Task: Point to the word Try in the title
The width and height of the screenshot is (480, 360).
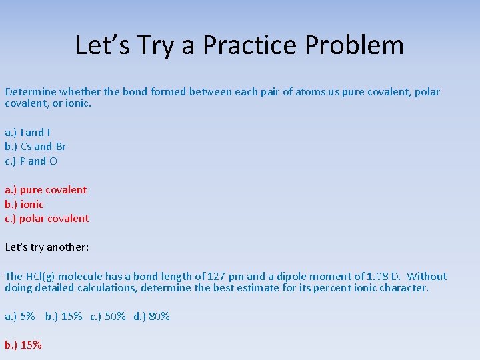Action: tap(161, 45)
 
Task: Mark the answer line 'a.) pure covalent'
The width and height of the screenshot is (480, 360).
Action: tap(46, 190)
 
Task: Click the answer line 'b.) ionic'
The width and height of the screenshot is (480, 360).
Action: tap(24, 205)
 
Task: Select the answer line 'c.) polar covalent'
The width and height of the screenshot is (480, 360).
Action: tap(47, 219)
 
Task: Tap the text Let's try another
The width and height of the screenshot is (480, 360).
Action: tap(47, 247)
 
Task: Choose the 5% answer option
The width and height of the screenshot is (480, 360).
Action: tap(21, 317)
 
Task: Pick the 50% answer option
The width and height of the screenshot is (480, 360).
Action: tap(108, 317)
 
